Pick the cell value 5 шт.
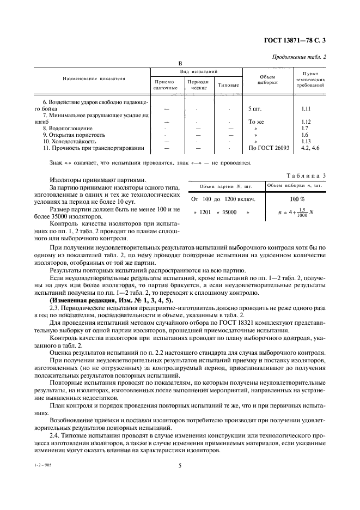(x=255, y=108)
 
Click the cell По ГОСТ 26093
(x=268, y=148)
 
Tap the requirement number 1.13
(x=306, y=141)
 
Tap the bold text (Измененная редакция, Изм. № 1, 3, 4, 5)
(x=112, y=300)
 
